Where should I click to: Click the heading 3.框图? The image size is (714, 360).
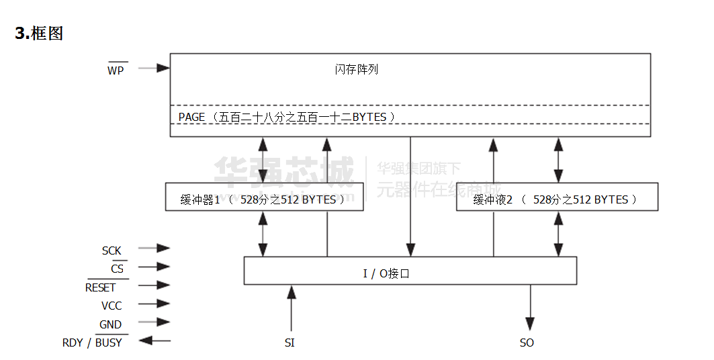click(x=39, y=34)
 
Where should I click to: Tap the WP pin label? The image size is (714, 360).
click(x=116, y=71)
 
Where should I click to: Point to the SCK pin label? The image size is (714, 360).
click(x=111, y=251)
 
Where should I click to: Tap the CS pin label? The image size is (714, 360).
click(x=117, y=269)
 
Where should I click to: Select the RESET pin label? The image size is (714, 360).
click(x=101, y=287)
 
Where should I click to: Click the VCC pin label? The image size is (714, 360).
click(x=111, y=306)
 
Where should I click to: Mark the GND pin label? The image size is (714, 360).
click(x=111, y=324)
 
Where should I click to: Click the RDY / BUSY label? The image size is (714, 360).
click(x=93, y=343)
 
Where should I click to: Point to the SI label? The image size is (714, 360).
click(x=289, y=343)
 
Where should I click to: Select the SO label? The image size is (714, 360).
click(x=527, y=343)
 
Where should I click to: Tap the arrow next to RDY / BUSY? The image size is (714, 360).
click(x=154, y=341)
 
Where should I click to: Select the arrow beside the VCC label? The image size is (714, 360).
click(x=154, y=304)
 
